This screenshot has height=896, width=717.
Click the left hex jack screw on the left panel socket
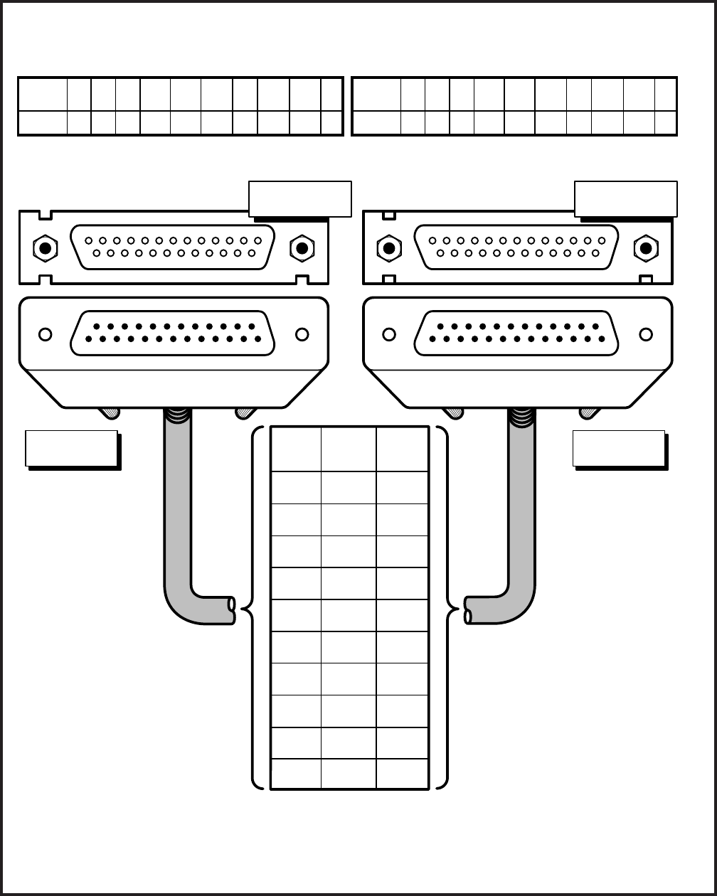pos(45,248)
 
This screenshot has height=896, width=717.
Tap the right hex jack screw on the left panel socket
pos(302,248)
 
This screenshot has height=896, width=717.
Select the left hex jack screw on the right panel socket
pos(389,248)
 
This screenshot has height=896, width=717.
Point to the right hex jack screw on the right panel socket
pos(646,248)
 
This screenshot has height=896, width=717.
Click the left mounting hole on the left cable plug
pos(45,334)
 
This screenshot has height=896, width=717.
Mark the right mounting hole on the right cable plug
pos(646,334)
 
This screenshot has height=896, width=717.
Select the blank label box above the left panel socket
pos(299,198)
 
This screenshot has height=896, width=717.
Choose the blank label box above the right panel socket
pos(625,199)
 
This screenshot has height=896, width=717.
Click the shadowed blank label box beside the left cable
pos(71,448)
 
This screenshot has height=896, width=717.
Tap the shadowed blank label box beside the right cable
pos(619,448)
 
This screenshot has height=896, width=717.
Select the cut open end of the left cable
pos(231,609)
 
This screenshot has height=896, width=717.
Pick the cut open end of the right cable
pos(468,611)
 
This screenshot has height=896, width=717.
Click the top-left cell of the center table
pos(296,449)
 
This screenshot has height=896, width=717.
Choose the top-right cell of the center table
pos(402,449)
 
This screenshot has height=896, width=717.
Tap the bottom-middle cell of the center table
pos(349,774)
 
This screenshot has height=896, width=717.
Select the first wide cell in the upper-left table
pos(43,94)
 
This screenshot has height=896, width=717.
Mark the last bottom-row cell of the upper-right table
pos(666,123)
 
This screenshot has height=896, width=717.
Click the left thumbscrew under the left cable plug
pos(108,412)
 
